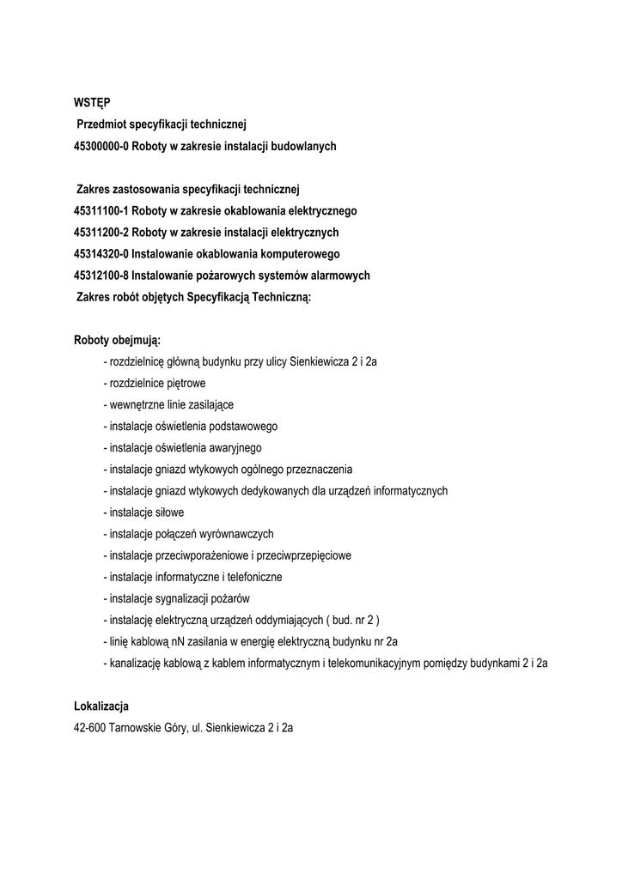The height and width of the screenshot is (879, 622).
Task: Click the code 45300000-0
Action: tap(101, 147)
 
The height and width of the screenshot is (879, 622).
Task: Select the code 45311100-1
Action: tap(101, 210)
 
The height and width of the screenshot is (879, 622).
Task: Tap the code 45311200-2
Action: tap(101, 233)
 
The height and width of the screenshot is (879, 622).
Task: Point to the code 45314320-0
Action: tap(101, 254)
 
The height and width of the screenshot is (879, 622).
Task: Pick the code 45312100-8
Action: tap(101, 276)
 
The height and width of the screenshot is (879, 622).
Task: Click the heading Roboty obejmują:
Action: tap(118, 340)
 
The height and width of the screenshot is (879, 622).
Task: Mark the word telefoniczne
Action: tap(253, 577)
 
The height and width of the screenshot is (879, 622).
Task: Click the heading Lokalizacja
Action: tap(101, 706)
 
